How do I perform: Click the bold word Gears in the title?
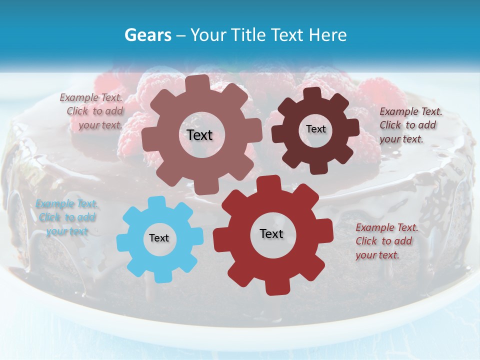(x=148, y=35)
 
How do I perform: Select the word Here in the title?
(x=327, y=35)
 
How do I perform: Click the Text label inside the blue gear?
(x=159, y=238)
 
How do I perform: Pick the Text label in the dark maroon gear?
(x=315, y=129)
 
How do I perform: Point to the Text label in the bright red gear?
(x=271, y=234)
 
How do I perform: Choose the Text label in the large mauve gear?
(x=199, y=135)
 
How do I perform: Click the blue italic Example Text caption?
(x=67, y=217)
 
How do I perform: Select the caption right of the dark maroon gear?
(x=410, y=125)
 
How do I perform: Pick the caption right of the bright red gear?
(x=386, y=241)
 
